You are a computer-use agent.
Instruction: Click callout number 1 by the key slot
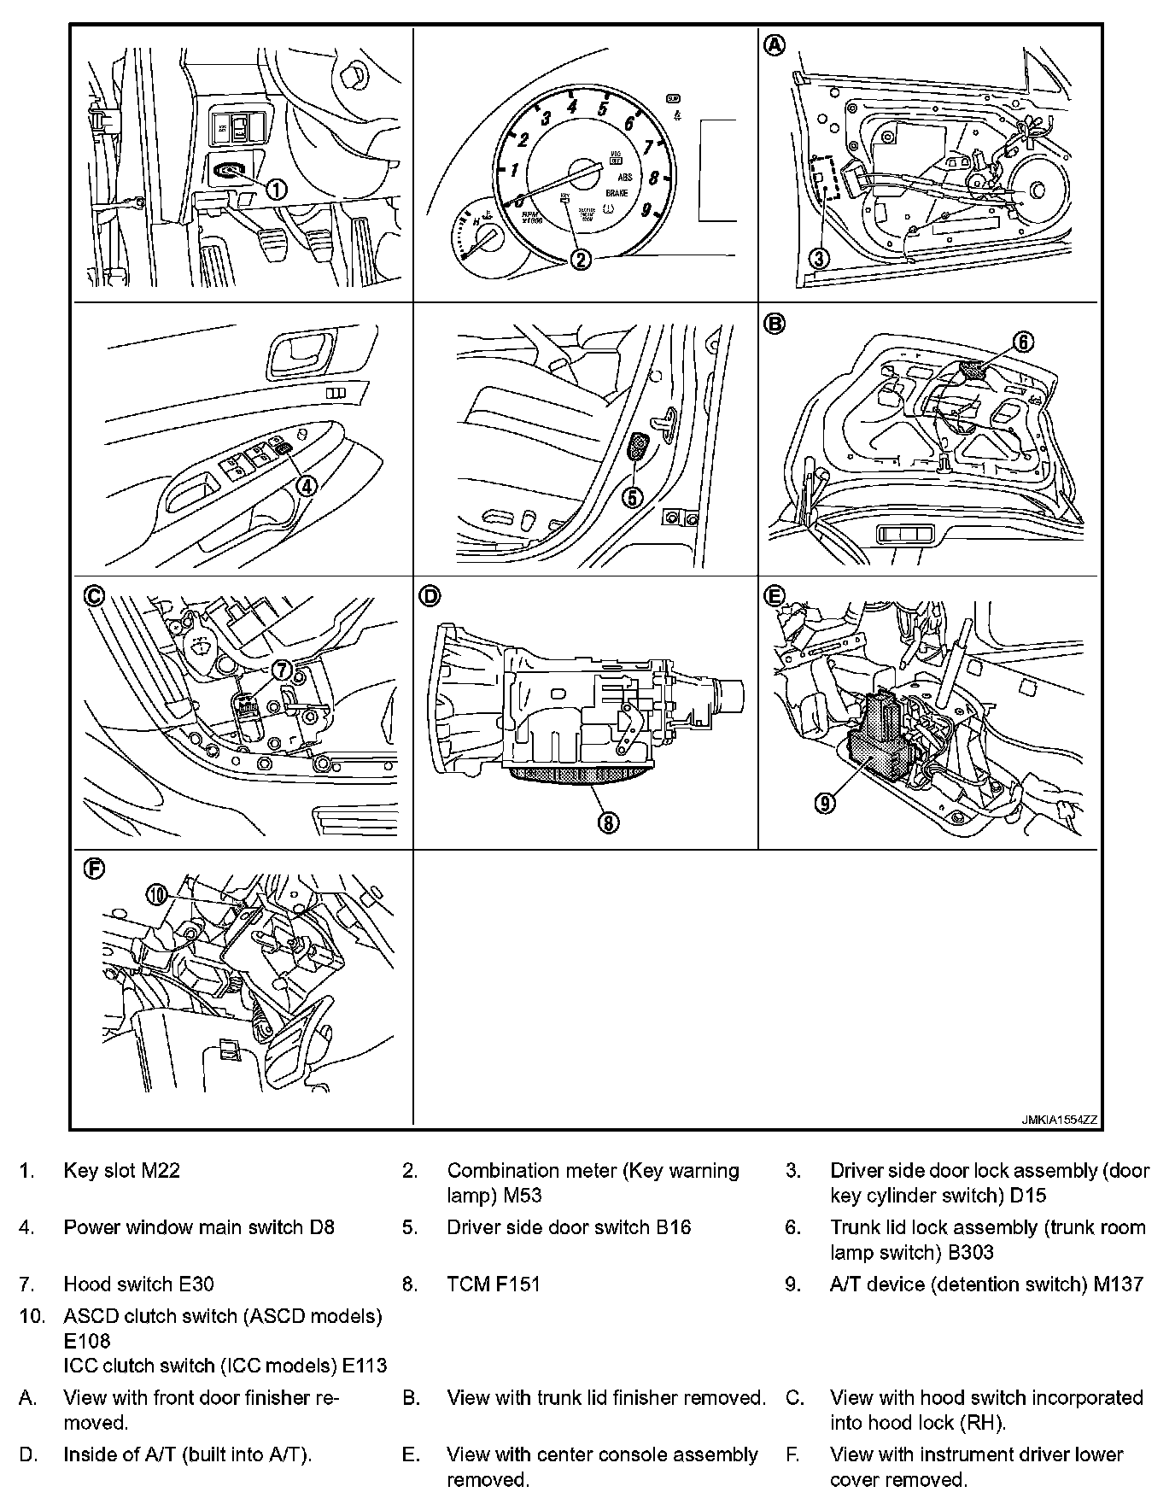click(278, 188)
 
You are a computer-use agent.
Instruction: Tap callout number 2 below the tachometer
click(581, 259)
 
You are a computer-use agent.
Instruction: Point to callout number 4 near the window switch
click(306, 484)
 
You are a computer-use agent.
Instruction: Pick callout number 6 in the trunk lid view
click(1023, 342)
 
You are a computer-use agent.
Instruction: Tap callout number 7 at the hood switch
click(283, 670)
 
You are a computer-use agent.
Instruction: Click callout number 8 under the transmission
click(608, 822)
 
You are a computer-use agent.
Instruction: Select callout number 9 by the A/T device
click(825, 802)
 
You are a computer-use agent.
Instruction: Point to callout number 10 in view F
click(157, 894)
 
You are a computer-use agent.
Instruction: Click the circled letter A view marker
click(774, 45)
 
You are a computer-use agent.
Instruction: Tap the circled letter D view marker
click(430, 595)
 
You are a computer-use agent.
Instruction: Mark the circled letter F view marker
click(94, 869)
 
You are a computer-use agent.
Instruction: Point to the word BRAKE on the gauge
click(617, 194)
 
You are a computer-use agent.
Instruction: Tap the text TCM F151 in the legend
click(494, 1284)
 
